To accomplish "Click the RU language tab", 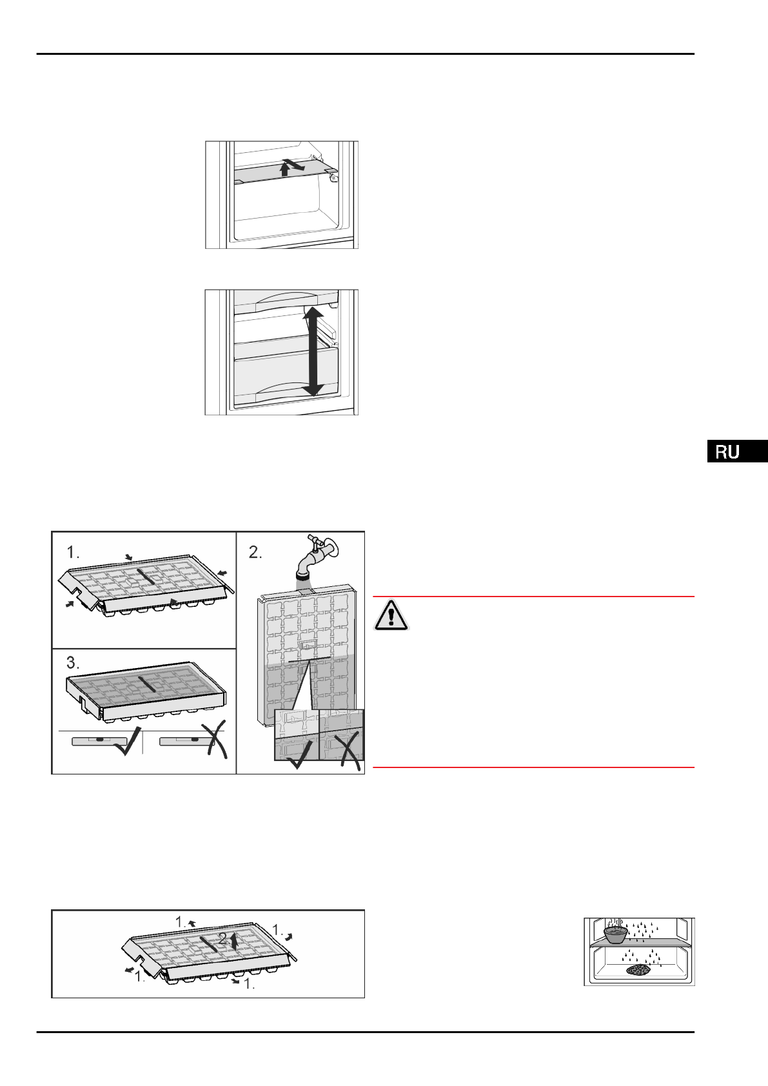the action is coord(736,451).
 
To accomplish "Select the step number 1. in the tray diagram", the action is coord(74,552).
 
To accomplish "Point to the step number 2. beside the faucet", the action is coord(256,552).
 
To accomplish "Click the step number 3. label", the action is coord(74,663).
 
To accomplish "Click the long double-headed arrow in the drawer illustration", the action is coord(313,352).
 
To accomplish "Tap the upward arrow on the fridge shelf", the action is coord(284,169).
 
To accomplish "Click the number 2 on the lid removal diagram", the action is coord(223,940).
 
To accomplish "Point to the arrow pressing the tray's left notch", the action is coord(70,604).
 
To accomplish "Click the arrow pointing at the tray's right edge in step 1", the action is coord(222,572).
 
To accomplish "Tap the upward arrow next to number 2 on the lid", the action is coord(233,941).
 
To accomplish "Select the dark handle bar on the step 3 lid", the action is coord(147,684).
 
